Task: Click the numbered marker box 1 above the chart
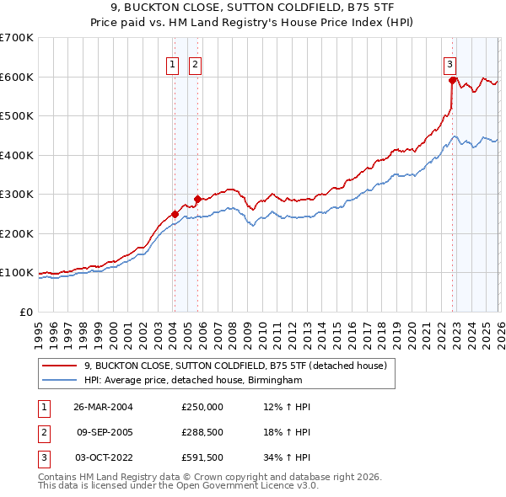point(173,63)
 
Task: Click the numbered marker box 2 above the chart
point(195,63)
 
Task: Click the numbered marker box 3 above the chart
point(450,63)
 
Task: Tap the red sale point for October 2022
point(453,81)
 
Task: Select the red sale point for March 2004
point(175,214)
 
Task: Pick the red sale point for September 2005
point(196,199)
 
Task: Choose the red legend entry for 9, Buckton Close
point(235,366)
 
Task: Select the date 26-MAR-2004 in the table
point(110,407)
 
